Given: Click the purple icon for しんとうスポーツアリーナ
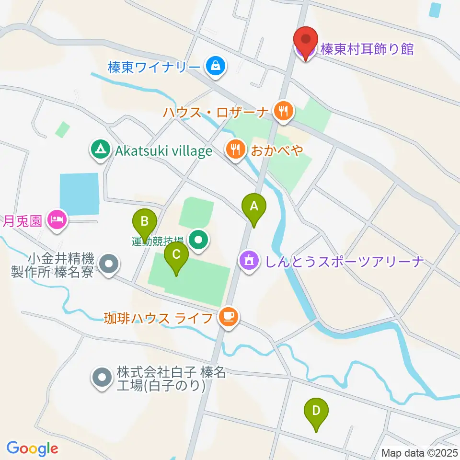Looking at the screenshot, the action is (x=248, y=262).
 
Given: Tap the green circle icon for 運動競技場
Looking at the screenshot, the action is (x=197, y=240).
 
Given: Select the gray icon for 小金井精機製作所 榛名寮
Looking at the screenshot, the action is (x=108, y=264).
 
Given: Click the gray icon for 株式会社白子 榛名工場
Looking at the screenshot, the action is (x=101, y=378).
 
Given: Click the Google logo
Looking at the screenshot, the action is (x=32, y=448).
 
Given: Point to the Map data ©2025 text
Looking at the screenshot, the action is (x=420, y=452).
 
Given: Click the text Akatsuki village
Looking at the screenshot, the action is (x=163, y=151).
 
